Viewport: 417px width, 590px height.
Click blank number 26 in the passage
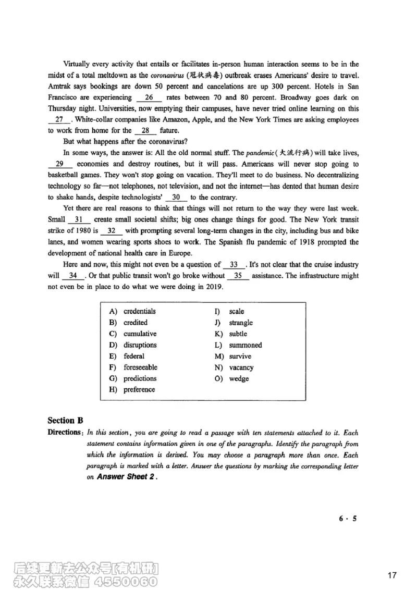tap(149, 97)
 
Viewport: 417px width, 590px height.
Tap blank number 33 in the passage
tap(234, 265)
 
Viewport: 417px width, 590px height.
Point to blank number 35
tap(238, 276)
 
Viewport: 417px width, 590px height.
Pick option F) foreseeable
tap(140, 367)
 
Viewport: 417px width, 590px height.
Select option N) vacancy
tap(241, 367)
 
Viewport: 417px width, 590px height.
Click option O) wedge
tap(239, 379)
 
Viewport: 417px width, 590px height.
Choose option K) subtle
tap(238, 334)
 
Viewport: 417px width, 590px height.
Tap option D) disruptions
tap(140, 345)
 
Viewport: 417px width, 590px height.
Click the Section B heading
tap(65, 421)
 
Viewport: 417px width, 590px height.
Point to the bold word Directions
tap(65, 433)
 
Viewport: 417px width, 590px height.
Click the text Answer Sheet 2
tap(126, 477)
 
